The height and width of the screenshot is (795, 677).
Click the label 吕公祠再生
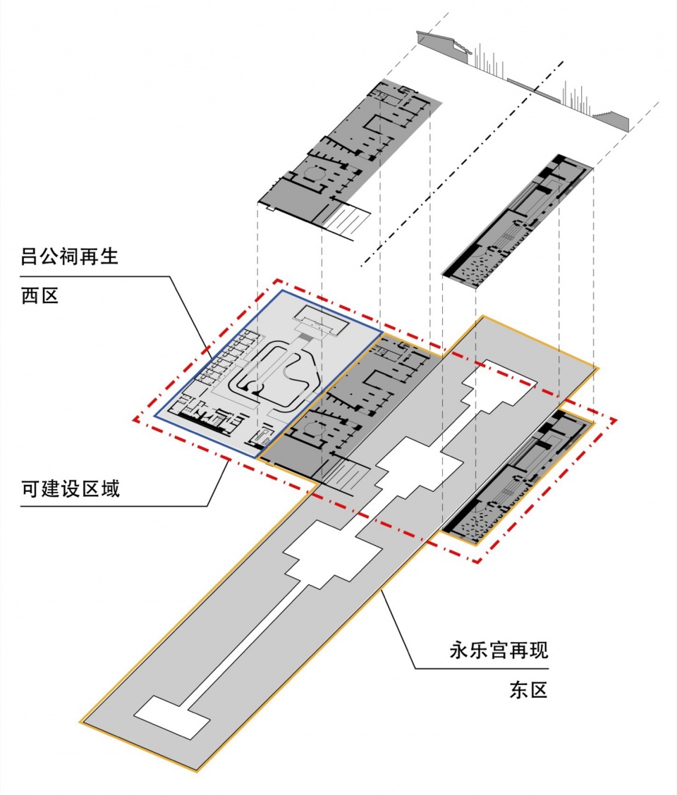(x=69, y=255)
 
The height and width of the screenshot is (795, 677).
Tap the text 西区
(x=39, y=297)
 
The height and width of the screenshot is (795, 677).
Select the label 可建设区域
(x=70, y=488)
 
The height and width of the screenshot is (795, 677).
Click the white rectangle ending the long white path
(x=171, y=717)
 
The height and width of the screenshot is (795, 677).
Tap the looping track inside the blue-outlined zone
(x=279, y=374)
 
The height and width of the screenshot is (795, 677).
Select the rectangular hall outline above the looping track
(x=322, y=323)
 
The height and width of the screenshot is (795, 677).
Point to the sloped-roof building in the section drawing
(x=443, y=44)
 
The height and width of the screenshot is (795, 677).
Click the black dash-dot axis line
(x=465, y=162)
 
